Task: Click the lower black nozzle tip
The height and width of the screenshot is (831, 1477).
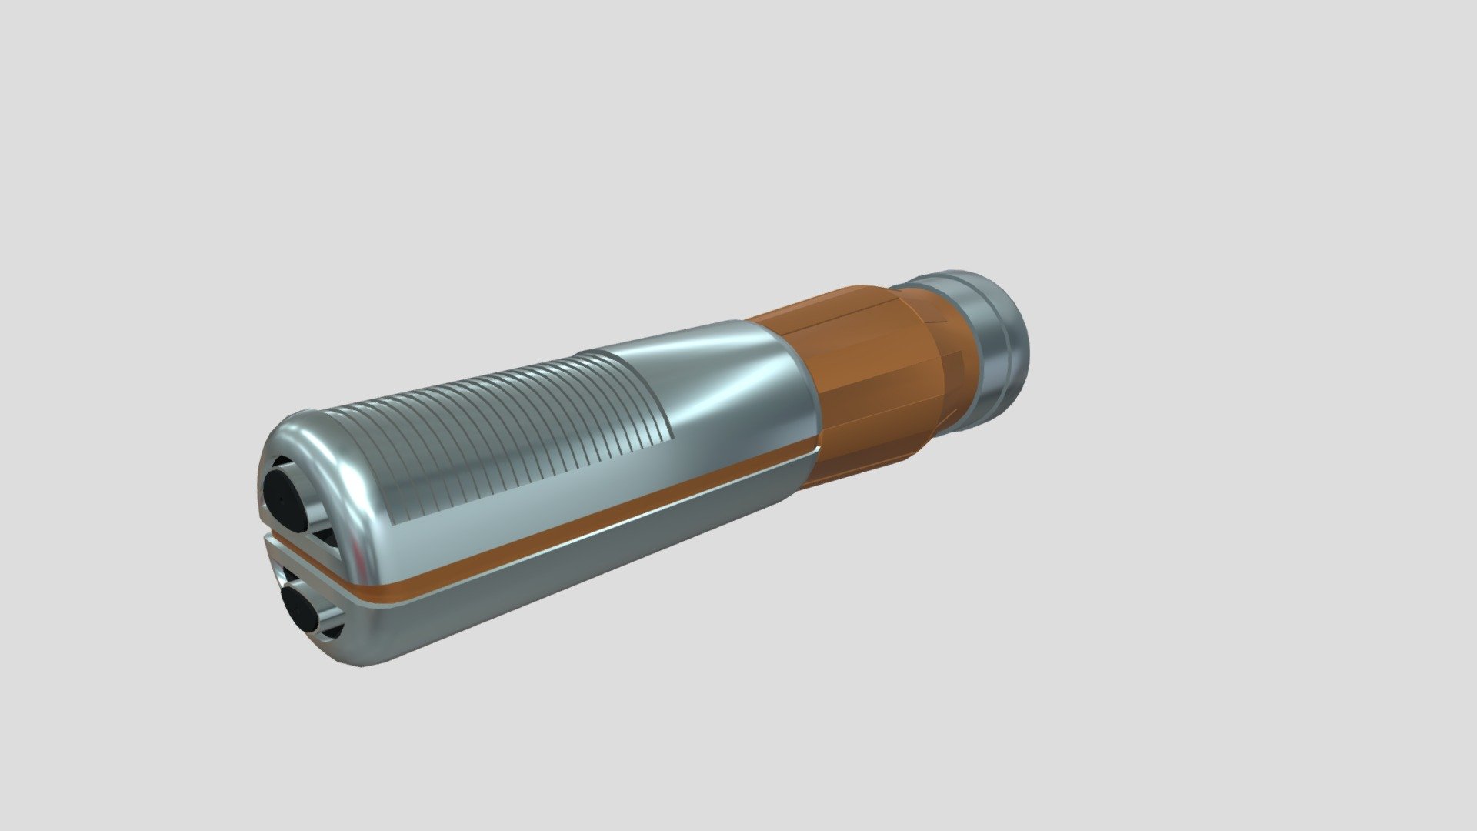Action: [x=299, y=609]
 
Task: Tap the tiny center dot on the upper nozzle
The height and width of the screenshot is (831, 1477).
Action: [x=282, y=499]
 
